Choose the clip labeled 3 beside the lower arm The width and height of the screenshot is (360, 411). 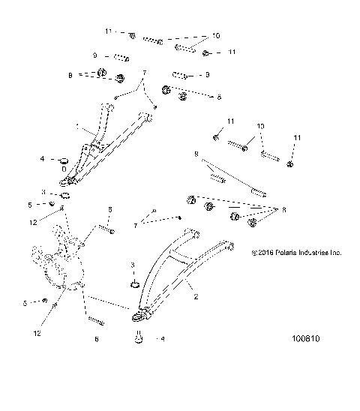(x=134, y=285)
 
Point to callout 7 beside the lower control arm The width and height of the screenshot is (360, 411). (x=136, y=224)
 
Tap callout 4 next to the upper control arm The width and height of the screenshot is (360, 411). (x=43, y=159)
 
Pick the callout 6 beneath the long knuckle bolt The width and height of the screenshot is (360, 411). (x=96, y=339)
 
